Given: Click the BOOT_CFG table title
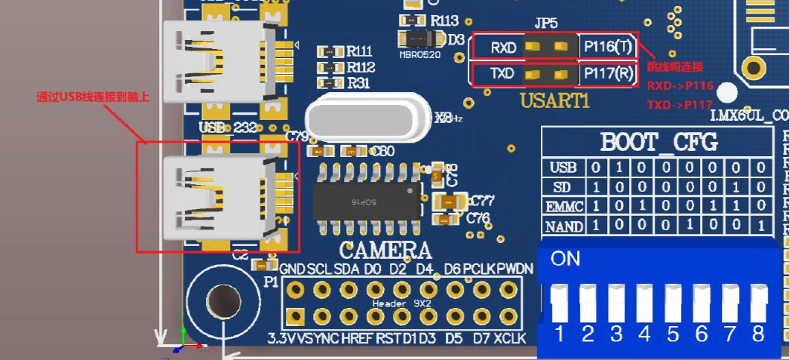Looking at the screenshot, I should [x=659, y=142].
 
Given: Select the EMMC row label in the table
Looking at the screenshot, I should [x=565, y=206].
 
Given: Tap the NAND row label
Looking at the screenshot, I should [x=565, y=226].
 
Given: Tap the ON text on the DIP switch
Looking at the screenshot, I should [x=566, y=259].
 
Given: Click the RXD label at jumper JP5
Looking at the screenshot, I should [x=503, y=48].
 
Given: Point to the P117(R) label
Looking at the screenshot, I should [x=608, y=74].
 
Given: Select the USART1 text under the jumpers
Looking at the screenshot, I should [x=554, y=100].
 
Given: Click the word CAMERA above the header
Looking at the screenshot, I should [x=385, y=251].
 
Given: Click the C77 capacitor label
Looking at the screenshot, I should [x=480, y=201].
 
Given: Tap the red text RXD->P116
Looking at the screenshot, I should [x=680, y=86].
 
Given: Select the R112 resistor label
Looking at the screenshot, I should [x=360, y=68].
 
